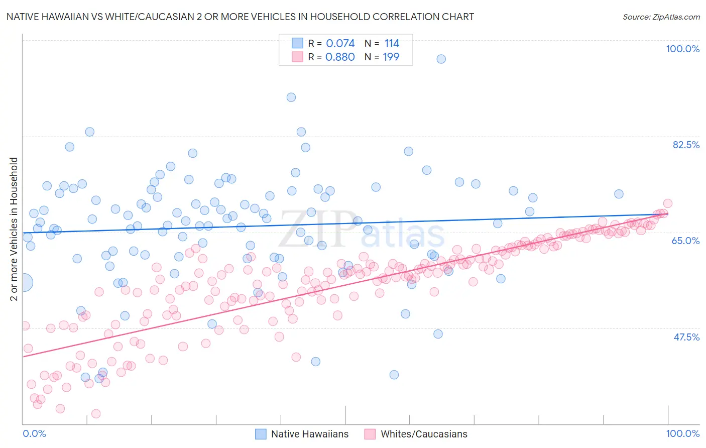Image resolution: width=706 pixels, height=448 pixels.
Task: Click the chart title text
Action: coord(240,17)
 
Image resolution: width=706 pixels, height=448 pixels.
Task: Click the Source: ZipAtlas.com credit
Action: coord(661,17)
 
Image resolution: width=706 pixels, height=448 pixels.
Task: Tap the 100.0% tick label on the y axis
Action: coord(682,49)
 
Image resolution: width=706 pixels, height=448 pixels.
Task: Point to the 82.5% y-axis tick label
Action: coord(686,145)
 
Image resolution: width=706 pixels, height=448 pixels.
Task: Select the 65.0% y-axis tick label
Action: coord(685,241)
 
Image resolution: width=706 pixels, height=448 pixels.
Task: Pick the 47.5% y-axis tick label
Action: coord(686,337)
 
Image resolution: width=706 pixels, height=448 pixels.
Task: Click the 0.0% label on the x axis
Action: coord(34,433)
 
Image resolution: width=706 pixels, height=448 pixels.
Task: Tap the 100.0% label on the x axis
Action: coord(682,433)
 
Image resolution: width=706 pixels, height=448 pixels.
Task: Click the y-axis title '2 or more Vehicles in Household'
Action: coord(14,229)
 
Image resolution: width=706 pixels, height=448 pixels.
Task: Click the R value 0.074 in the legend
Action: coord(340,43)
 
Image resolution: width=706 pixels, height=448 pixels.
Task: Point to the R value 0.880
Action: coord(340,57)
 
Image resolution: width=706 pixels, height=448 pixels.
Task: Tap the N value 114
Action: coord(392,43)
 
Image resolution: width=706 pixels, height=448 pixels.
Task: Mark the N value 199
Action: coord(391,57)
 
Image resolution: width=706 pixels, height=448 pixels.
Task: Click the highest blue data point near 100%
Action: coord(441,59)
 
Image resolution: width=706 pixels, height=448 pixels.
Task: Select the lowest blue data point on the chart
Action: coord(394,375)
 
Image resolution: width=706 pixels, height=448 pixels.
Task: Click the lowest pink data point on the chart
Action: coord(96,413)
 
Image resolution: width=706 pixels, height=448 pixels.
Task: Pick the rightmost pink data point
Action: coord(667,203)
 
